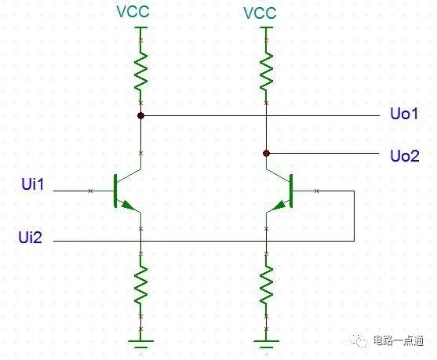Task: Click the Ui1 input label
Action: coord(33,184)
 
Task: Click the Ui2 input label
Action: coord(31,238)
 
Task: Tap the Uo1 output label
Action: coord(404,114)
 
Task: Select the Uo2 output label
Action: coord(405,156)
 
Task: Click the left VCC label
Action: coord(133,12)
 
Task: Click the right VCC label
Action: coord(260,13)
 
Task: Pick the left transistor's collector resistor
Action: coord(140,71)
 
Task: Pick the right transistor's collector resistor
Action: coord(267,71)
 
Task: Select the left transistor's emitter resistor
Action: coord(140,284)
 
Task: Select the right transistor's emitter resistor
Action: coord(267,284)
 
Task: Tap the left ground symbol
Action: coord(140,344)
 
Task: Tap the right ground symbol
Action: coord(267,344)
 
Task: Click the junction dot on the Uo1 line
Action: coord(140,115)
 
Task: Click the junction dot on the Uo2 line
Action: coord(267,153)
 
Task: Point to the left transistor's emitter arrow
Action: coord(128,205)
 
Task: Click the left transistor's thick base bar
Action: coord(115,191)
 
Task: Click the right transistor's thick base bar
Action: coord(292,191)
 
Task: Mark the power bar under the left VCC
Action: coord(141,27)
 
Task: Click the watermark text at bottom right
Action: coord(399,340)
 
